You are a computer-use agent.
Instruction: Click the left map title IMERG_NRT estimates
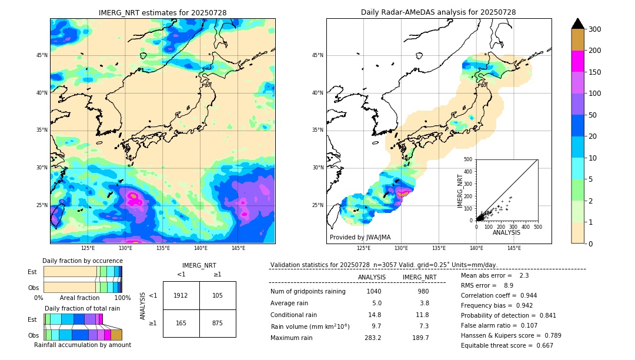pos(162,12)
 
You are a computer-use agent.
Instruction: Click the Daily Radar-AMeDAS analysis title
pos(438,12)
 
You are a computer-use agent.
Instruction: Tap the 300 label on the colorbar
pos(594,29)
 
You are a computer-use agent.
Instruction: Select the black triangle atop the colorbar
pos(578,24)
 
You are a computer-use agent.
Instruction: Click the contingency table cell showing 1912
pos(181,295)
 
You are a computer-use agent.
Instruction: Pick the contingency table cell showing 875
pos(218,323)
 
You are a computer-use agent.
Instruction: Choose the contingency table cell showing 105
pos(218,295)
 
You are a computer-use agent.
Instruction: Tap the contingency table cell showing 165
pos(181,323)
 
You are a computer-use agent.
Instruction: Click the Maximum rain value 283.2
pos(372,338)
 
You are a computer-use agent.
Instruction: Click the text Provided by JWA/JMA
pos(360,237)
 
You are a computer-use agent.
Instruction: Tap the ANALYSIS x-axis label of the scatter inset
pos(507,232)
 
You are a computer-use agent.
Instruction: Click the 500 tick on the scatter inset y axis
pos(468,159)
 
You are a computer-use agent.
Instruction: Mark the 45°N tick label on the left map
pos(42,55)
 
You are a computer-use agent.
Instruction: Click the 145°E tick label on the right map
pos(514,248)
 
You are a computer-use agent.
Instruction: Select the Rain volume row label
pos(310,326)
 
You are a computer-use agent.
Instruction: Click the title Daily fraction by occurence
pos(81,261)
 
